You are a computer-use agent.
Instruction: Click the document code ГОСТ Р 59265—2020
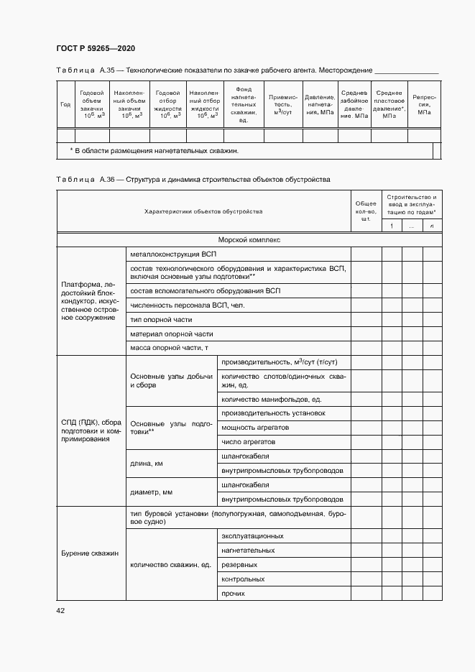pyautogui.click(x=96, y=48)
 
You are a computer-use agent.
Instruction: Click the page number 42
pyautogui.click(x=60, y=610)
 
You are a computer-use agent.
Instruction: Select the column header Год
pyautogui.click(x=65, y=104)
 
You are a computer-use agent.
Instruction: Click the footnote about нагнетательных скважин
pyautogui.click(x=154, y=151)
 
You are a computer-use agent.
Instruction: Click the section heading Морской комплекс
pyautogui.click(x=249, y=240)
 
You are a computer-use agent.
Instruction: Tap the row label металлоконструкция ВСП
pyautogui.click(x=172, y=254)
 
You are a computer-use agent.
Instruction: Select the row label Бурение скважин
pyautogui.click(x=90, y=553)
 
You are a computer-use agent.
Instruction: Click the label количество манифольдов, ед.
pyautogui.click(x=271, y=399)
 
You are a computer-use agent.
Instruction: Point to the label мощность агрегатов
pyautogui.click(x=255, y=427)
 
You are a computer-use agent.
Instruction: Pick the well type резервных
pyautogui.click(x=239, y=564)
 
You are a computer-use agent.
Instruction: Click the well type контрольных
pyautogui.click(x=243, y=579)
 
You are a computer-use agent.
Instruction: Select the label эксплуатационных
pyautogui.click(x=252, y=535)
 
